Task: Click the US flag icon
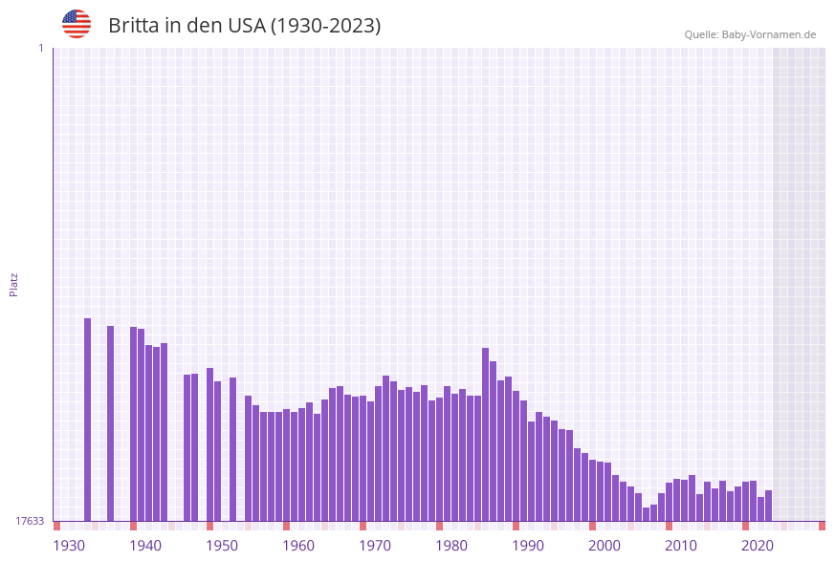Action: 77,24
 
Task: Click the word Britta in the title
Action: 134,26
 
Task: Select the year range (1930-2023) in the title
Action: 325,26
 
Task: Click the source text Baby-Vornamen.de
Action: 769,34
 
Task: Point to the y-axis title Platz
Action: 14,284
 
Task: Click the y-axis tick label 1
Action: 40,48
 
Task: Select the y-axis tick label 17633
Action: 30,521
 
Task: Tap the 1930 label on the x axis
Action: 69,546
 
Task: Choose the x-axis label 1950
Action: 222,546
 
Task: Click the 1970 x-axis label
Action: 375,546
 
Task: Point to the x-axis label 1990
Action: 528,546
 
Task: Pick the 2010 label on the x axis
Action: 681,546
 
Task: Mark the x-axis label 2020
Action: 758,546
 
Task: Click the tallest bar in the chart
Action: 87,420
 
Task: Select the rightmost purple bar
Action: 768,506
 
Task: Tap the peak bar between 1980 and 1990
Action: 485,434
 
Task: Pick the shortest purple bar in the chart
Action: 646,514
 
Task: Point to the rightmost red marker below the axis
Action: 822,526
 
